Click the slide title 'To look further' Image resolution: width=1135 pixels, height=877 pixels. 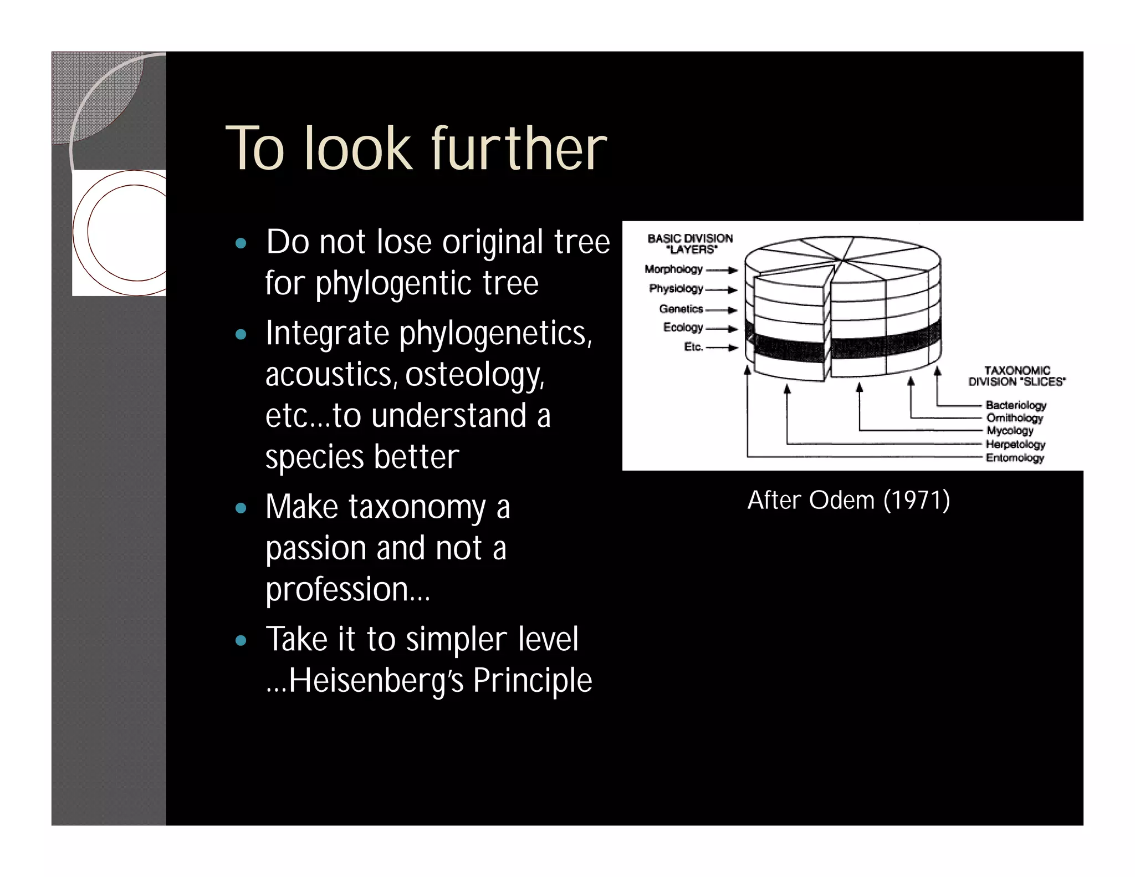(x=416, y=149)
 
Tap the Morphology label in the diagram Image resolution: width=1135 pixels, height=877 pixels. (x=673, y=269)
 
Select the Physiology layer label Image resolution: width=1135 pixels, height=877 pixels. (x=676, y=289)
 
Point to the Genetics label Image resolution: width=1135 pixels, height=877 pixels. (x=681, y=309)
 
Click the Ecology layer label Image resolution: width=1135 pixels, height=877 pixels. (x=683, y=328)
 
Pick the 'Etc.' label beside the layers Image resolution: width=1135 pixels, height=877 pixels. (x=693, y=347)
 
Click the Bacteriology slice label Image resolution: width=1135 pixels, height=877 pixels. (x=1016, y=405)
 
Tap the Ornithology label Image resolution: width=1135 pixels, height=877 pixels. (x=1014, y=418)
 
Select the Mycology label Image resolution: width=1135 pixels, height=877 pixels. (x=1010, y=431)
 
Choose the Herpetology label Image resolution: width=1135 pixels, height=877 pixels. (x=1015, y=444)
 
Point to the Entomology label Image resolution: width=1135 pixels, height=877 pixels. (x=1014, y=457)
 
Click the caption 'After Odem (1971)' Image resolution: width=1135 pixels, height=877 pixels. (x=848, y=500)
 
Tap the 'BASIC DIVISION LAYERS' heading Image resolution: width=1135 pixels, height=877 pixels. (x=691, y=244)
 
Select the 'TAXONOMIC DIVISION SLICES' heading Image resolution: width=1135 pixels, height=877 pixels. (x=1017, y=376)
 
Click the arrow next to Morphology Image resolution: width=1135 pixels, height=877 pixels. (x=722, y=271)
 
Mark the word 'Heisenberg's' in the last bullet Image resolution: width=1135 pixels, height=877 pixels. (x=376, y=681)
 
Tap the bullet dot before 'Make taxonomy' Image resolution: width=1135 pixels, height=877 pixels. (x=241, y=508)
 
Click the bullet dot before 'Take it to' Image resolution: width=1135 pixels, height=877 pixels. (x=241, y=641)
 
